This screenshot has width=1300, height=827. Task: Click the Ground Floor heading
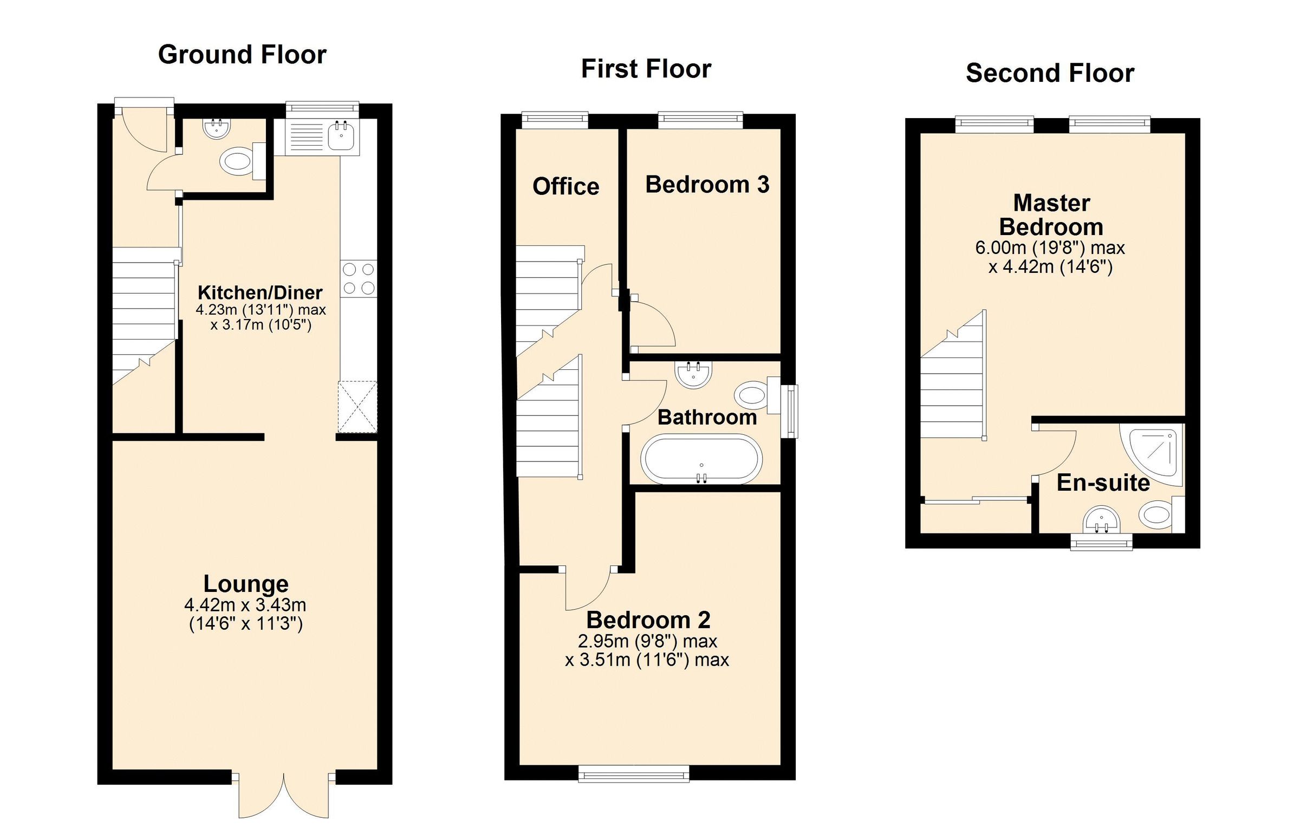pyautogui.click(x=242, y=55)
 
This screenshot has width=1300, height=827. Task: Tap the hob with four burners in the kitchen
pyautogui.click(x=359, y=278)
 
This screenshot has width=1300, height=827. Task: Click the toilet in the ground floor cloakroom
pyautogui.click(x=237, y=161)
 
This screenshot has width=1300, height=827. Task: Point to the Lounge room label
pyautogui.click(x=246, y=584)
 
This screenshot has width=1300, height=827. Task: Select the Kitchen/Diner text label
pyautogui.click(x=260, y=292)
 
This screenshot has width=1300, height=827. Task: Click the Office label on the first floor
pyautogui.click(x=565, y=186)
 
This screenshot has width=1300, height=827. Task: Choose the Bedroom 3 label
pyautogui.click(x=707, y=185)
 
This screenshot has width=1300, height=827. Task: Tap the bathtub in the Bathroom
pyautogui.click(x=701, y=459)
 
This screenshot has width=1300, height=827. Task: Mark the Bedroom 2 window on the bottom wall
pyautogui.click(x=634, y=773)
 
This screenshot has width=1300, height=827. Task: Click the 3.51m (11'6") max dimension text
pyautogui.click(x=647, y=660)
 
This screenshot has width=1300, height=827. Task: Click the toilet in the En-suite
pyautogui.click(x=1155, y=514)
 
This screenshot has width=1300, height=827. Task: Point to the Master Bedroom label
pyautogui.click(x=1051, y=215)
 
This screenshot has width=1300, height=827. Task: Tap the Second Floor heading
pyautogui.click(x=1050, y=73)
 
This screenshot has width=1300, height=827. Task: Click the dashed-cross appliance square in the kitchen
pyautogui.click(x=357, y=406)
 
